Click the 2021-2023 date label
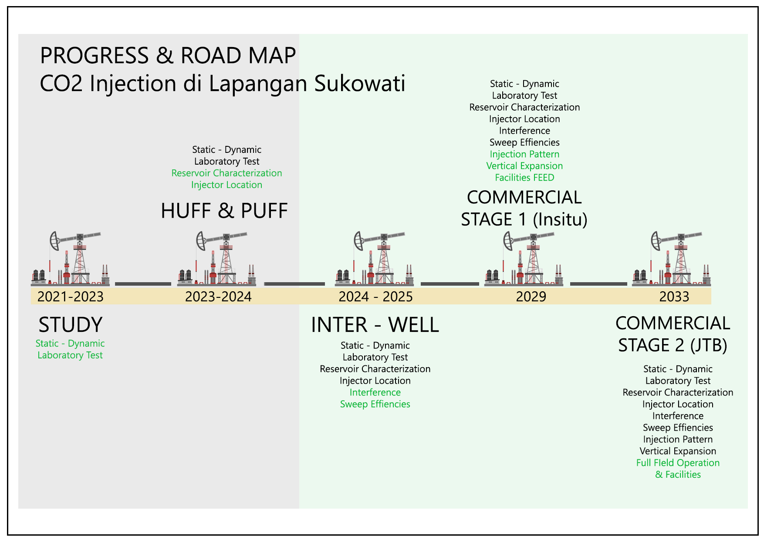pyautogui.click(x=71, y=297)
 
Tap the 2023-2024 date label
pyautogui.click(x=218, y=297)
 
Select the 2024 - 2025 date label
pyautogui.click(x=375, y=297)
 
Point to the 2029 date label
pyautogui.click(x=531, y=297)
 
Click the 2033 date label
pyautogui.click(x=674, y=297)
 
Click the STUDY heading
pyautogui.click(x=71, y=325)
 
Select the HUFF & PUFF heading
pyautogui.click(x=224, y=211)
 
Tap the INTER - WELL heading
pyautogui.click(x=375, y=325)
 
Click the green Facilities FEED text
pyautogui.click(x=524, y=178)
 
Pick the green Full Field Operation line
pyautogui.click(x=678, y=463)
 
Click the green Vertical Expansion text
pyautogui.click(x=524, y=166)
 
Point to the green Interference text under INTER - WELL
pyautogui.click(x=375, y=392)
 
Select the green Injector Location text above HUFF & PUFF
pyautogui.click(x=226, y=185)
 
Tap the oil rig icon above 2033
pyautogui.click(x=672, y=259)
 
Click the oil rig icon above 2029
pyautogui.click(x=524, y=259)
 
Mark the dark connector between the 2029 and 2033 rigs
pyautogui.click(x=598, y=284)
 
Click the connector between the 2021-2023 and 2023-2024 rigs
pyautogui.click(x=143, y=284)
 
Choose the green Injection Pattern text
pyautogui.click(x=524, y=154)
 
